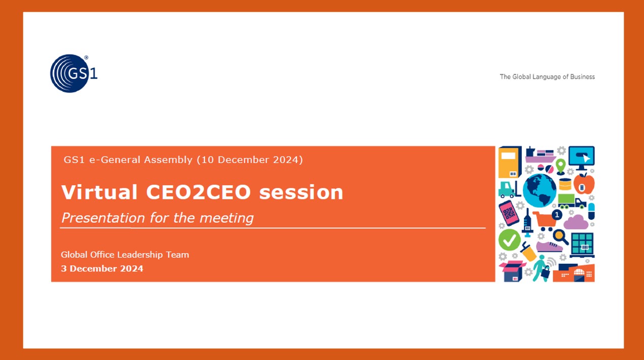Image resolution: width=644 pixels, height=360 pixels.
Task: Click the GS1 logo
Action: (73, 73)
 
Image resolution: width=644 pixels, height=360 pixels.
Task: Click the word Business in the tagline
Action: (583, 77)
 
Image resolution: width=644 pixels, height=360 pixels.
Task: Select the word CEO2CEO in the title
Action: (199, 192)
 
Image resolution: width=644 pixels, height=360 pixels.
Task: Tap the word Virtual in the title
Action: (99, 192)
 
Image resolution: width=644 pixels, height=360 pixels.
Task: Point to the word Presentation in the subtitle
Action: (103, 218)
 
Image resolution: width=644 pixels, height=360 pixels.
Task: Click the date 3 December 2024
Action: (102, 269)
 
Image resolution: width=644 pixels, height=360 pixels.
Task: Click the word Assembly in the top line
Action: (168, 159)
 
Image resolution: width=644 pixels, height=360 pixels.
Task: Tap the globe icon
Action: (539, 190)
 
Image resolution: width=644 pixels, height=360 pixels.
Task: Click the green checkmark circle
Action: (509, 240)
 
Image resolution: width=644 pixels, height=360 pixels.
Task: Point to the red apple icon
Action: (584, 184)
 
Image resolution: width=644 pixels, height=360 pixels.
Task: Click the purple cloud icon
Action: (576, 222)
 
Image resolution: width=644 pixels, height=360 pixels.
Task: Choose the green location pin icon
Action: (560, 167)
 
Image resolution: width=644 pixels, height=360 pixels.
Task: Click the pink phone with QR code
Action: (509, 213)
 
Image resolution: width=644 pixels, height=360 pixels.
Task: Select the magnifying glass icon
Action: (560, 237)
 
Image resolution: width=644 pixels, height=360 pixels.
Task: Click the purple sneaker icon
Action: (549, 247)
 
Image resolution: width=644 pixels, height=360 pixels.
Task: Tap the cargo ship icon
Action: (541, 155)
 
